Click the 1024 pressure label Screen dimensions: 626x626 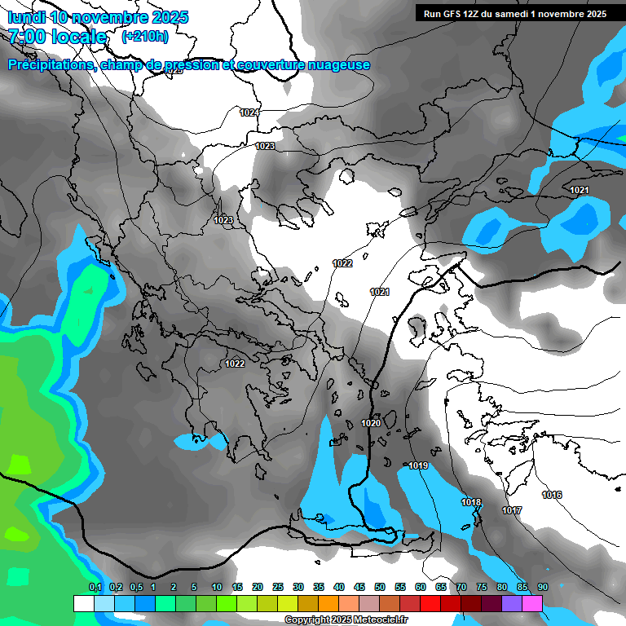point(249,112)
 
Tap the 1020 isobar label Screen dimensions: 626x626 point(371,423)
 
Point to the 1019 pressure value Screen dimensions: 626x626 point(419,465)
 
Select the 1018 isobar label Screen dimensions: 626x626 point(471,502)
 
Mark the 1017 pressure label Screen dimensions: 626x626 point(512,510)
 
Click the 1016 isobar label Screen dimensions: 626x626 point(552,495)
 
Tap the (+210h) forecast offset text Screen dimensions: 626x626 point(144,36)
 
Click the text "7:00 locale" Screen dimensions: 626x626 point(57,37)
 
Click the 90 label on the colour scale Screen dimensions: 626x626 point(543,587)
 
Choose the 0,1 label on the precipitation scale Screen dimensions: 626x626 point(95,587)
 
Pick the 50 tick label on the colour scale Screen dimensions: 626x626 point(380,587)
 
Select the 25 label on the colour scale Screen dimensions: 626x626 point(278,587)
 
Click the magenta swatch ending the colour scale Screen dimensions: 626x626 point(532,603)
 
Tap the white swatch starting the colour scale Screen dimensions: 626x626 point(83,603)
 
